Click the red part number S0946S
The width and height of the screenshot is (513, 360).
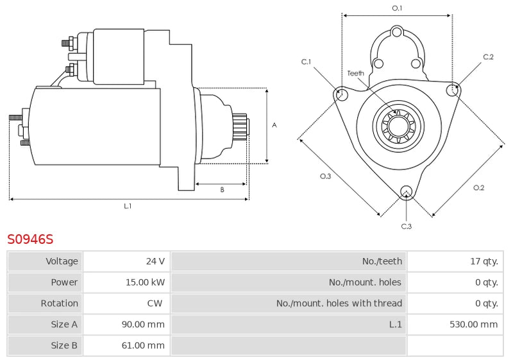[30, 239]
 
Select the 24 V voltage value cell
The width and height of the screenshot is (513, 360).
[155, 261]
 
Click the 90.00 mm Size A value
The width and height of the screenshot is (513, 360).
[143, 325]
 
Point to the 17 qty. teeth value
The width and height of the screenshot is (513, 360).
[484, 261]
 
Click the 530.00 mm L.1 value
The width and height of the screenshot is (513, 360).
[473, 325]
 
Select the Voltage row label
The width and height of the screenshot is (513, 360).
[62, 261]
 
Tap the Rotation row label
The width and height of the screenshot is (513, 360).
[60, 304]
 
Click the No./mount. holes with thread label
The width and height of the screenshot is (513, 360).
[339, 304]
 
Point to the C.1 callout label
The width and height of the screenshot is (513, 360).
[307, 62]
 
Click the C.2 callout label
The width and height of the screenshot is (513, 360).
[488, 57]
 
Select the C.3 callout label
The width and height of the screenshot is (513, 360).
[406, 226]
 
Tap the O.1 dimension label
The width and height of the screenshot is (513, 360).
[397, 8]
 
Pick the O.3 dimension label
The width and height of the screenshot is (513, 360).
[325, 176]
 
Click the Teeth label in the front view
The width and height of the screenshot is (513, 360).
[356, 73]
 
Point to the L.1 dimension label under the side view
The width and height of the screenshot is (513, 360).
[128, 206]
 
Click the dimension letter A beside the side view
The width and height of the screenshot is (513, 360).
[274, 125]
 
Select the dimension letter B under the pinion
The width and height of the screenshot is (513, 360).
[222, 189]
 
